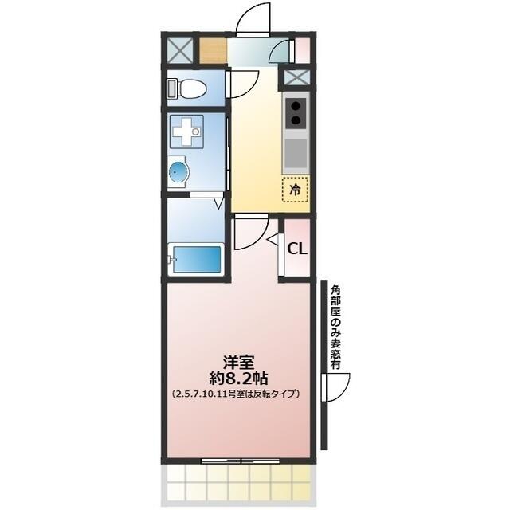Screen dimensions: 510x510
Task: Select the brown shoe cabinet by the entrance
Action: [x=211, y=53]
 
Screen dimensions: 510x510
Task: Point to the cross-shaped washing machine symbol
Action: [x=188, y=130]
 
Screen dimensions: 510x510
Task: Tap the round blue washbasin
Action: [x=178, y=172]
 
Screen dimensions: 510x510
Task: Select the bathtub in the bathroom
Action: [x=195, y=260]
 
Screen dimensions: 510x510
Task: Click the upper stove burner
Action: [x=296, y=105]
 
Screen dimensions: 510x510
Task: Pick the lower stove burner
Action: [x=296, y=121]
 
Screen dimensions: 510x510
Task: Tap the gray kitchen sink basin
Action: [x=296, y=151]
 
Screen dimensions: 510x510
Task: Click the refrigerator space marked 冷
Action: [x=295, y=190]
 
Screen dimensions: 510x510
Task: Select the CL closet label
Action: [x=296, y=249]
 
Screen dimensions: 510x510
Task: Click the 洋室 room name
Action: [x=237, y=361]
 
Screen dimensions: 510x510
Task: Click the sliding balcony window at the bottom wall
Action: [x=237, y=460]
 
